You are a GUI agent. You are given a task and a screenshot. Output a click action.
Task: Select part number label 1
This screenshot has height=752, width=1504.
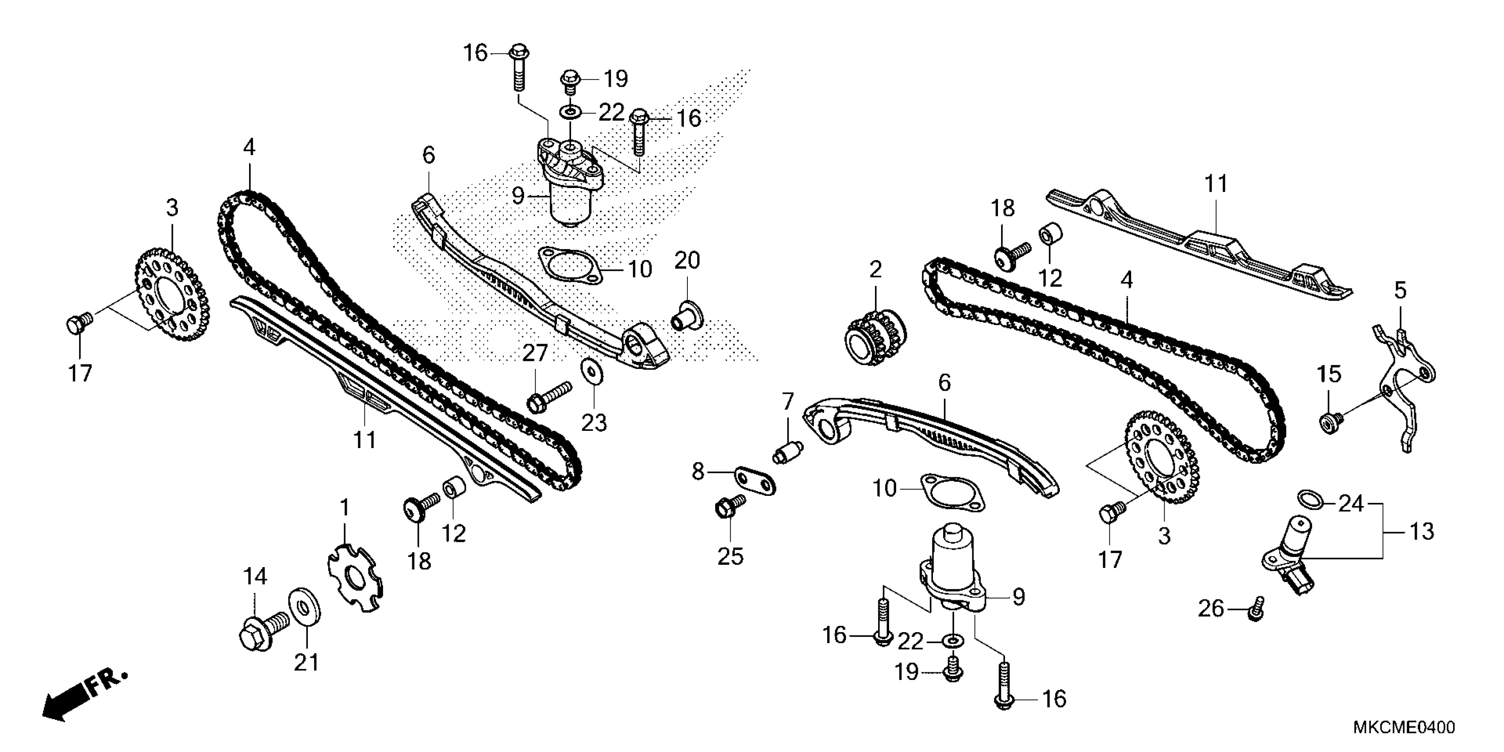point(345,508)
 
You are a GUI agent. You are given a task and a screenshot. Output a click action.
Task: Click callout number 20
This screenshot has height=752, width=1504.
point(687,261)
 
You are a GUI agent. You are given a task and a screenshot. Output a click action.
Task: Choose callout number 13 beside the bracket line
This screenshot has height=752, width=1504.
point(1422,531)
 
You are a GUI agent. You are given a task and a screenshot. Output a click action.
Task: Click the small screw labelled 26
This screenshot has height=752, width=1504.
point(1256,609)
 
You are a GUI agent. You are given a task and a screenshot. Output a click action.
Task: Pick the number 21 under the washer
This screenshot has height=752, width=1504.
point(306,662)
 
